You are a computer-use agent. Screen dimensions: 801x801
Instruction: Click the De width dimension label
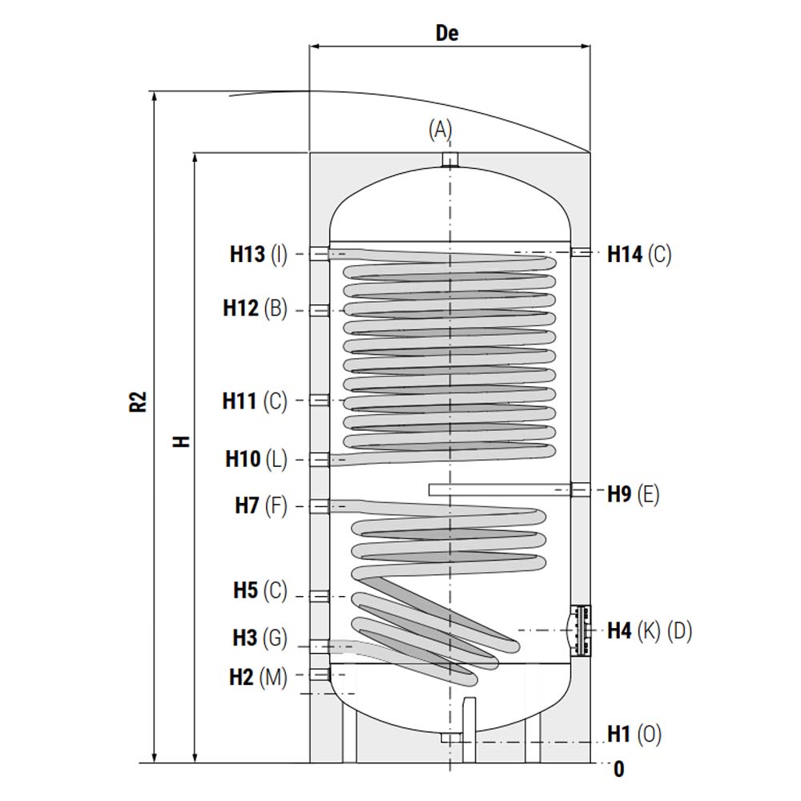pos(447,33)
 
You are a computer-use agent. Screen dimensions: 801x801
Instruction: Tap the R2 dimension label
pos(139,401)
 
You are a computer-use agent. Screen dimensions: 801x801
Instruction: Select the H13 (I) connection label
pos(259,254)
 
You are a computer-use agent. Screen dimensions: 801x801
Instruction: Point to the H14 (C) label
pos(639,255)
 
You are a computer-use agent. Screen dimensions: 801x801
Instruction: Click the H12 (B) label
pos(256,308)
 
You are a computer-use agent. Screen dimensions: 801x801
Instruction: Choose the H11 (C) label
pos(255,401)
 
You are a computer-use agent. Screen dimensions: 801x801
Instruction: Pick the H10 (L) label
pos(256,459)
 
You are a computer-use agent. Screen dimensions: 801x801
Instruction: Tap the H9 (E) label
pos(634,494)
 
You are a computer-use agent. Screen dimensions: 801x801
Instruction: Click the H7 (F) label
pos(261,505)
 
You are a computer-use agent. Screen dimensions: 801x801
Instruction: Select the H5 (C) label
pos(260,590)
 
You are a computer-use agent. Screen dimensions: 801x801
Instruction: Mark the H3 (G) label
pos(260,638)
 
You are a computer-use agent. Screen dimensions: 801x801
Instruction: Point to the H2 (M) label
pos(259,678)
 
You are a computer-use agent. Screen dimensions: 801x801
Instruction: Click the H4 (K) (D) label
pos(650,630)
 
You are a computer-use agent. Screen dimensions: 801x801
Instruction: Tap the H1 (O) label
pos(634,734)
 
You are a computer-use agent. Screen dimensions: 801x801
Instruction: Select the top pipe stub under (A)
pos(449,160)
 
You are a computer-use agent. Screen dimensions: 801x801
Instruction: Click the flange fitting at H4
pos(581,630)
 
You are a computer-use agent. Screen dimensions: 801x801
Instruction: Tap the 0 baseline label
pos(619,769)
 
